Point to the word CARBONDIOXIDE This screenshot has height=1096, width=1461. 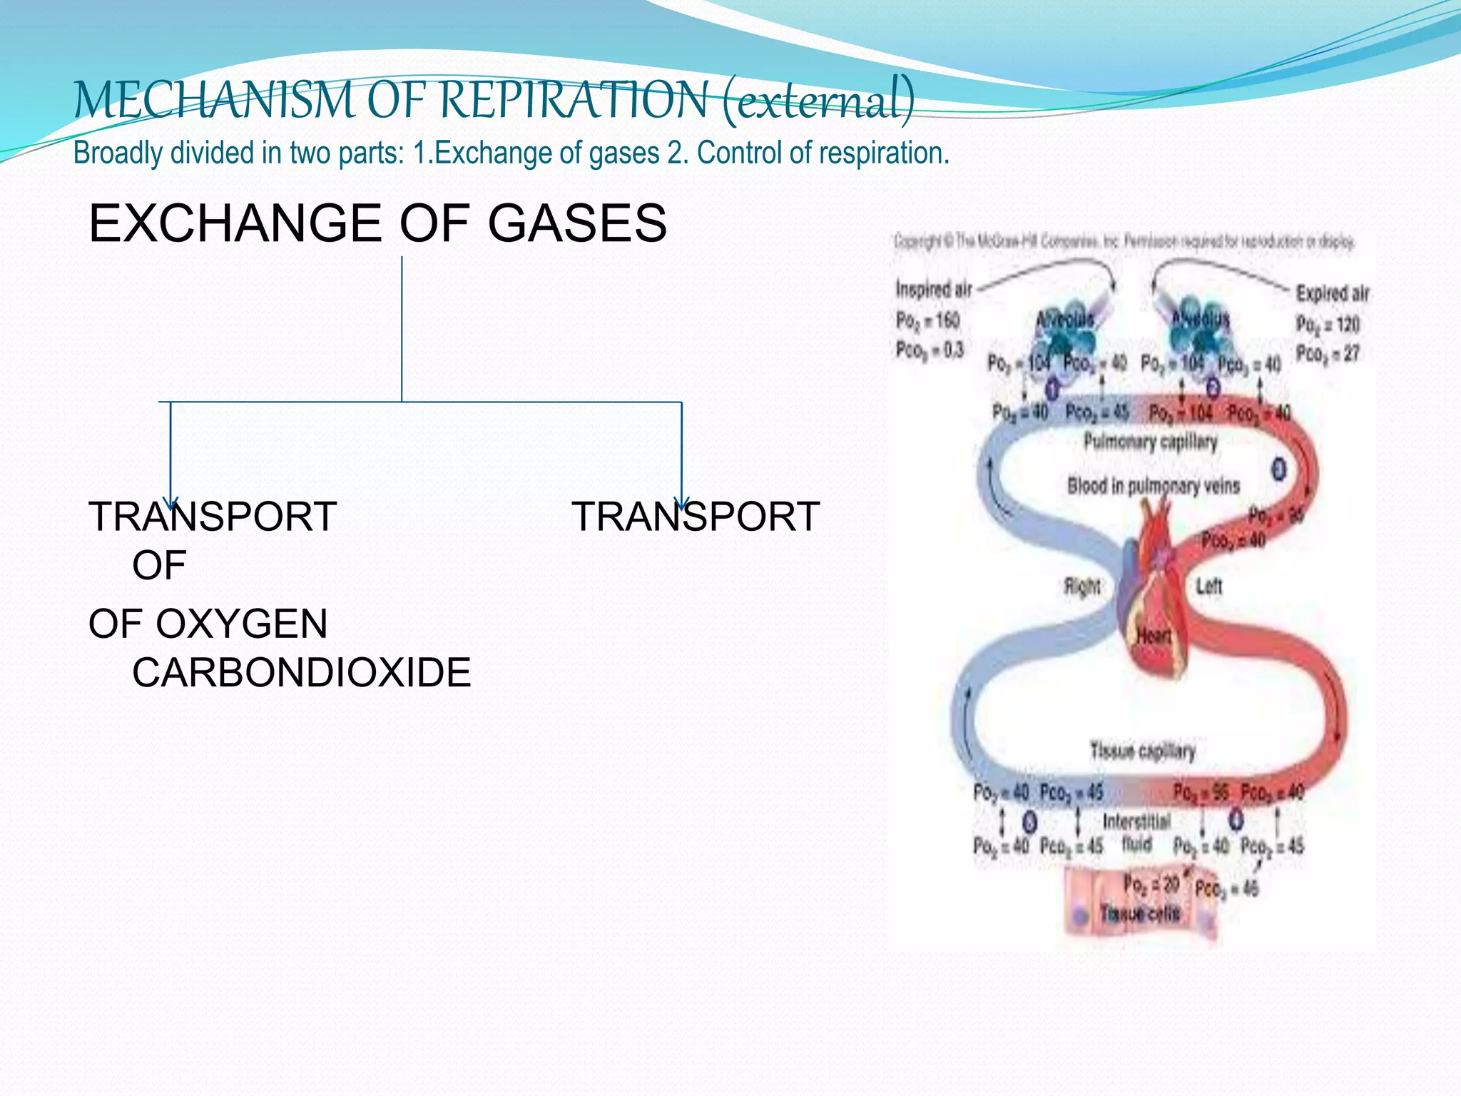click(301, 672)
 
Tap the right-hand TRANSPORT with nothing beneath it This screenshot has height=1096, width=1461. click(696, 517)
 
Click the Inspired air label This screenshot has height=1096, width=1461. click(933, 290)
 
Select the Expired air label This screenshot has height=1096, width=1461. click(1332, 293)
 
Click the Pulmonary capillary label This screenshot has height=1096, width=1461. click(1150, 442)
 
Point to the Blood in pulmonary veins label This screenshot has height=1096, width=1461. click(1154, 486)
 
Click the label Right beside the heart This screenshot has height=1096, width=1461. click(1081, 587)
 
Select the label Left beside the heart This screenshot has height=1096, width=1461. click(1208, 587)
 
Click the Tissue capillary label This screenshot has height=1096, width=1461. click(1142, 751)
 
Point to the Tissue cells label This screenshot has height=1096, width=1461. click(1139, 913)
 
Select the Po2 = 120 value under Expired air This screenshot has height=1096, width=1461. click(1328, 325)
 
